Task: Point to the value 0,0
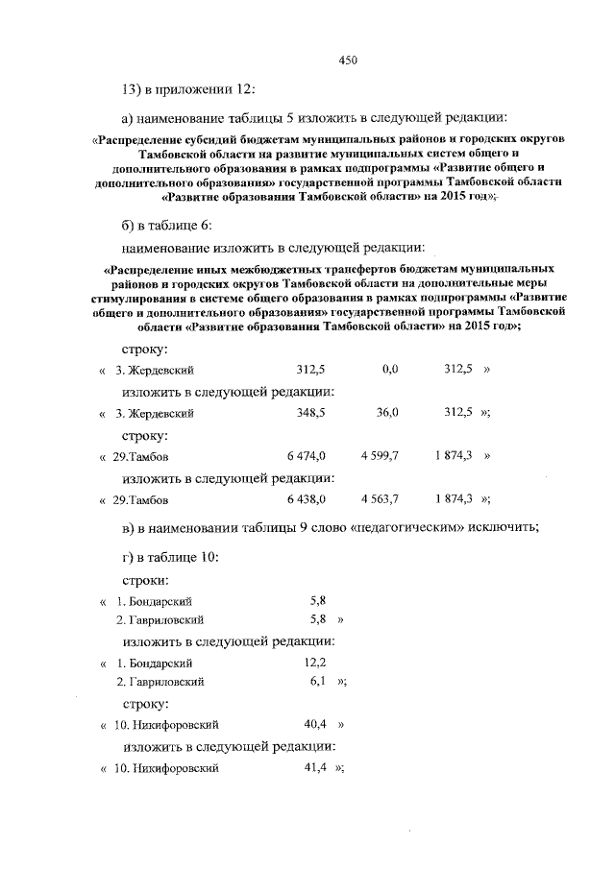389,370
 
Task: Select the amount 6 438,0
307,499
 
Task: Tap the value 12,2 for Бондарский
315,663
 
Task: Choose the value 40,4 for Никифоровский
316,725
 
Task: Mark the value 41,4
316,768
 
